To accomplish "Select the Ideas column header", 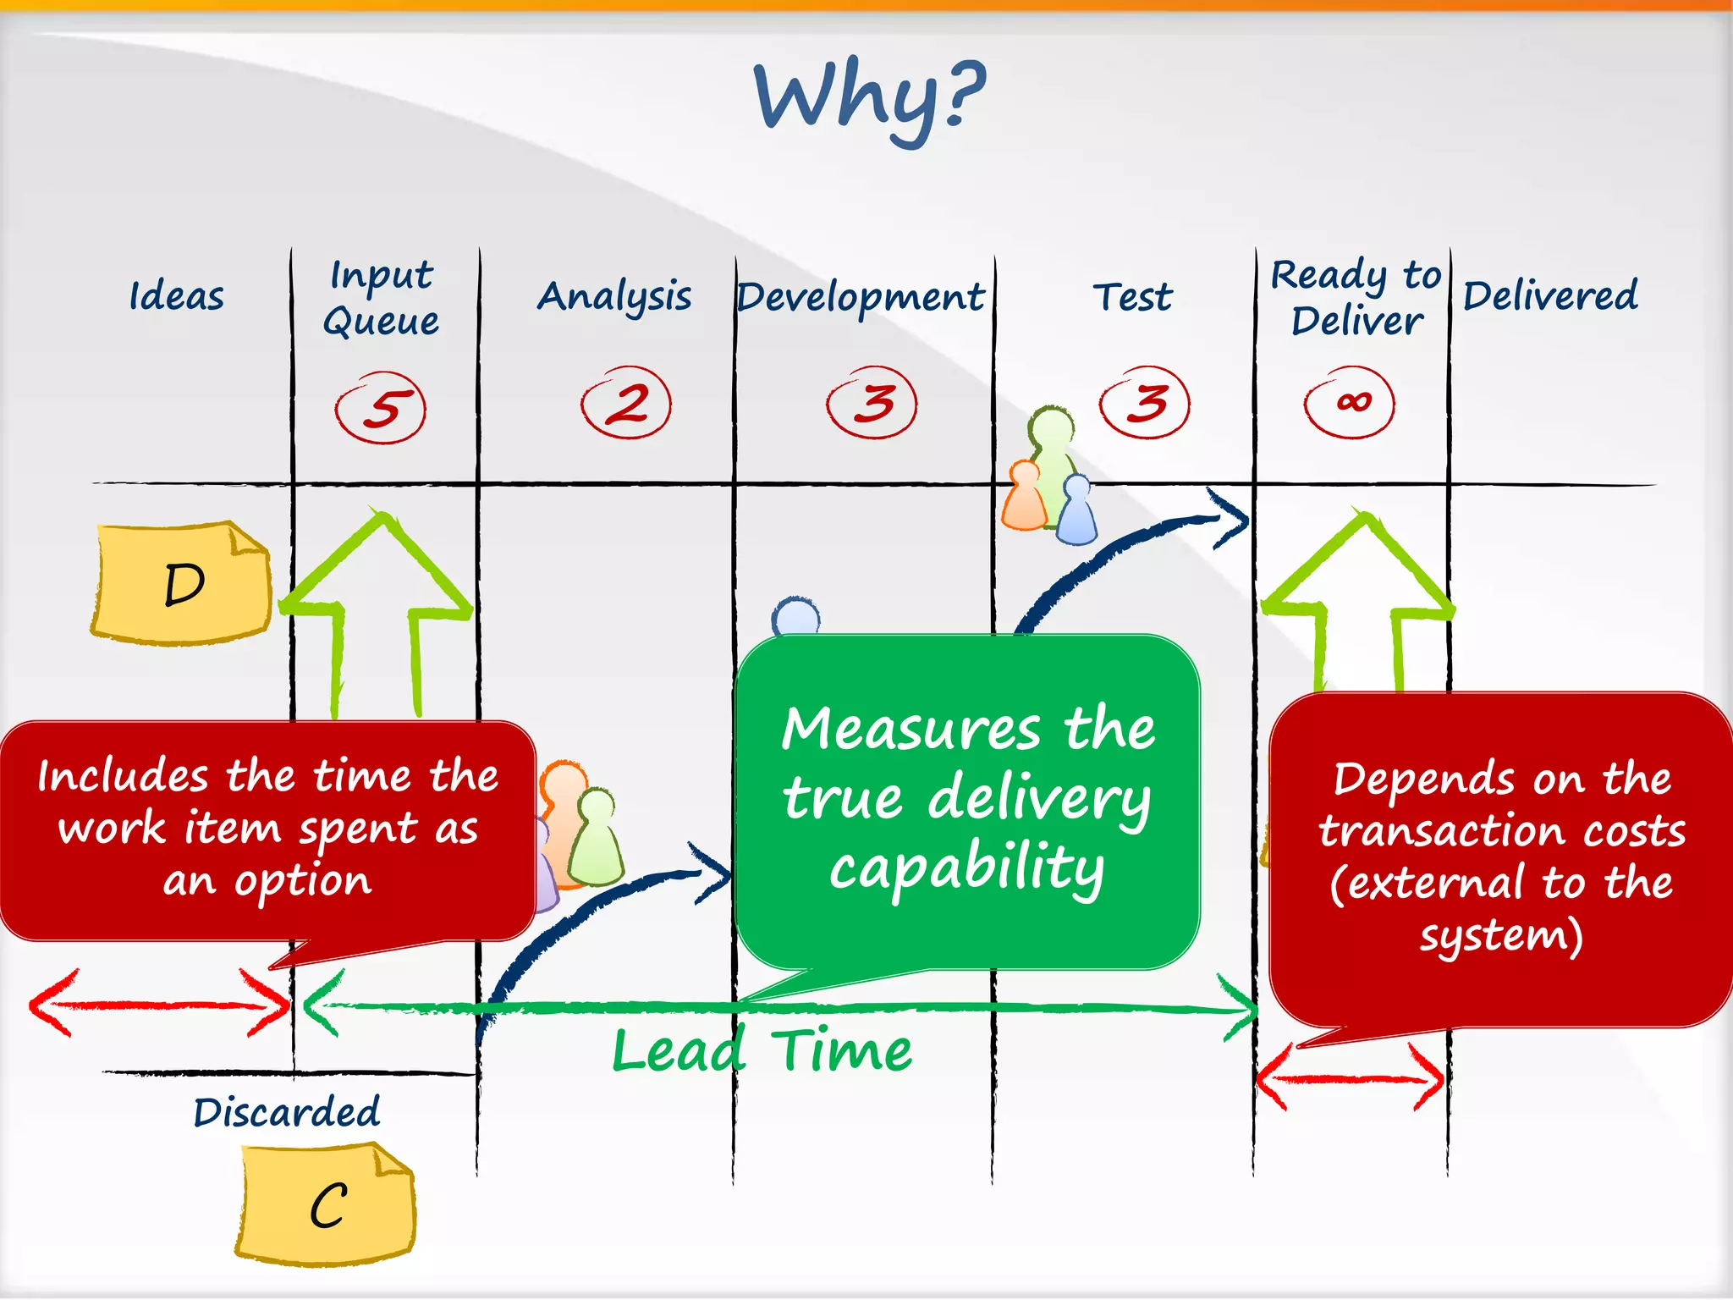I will (x=176, y=296).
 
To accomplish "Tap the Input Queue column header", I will (x=382, y=298).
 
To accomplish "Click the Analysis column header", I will (x=614, y=297).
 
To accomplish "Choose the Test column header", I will (x=1132, y=297).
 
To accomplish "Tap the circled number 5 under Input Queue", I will (x=381, y=408).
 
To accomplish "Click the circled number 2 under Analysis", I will (x=626, y=403).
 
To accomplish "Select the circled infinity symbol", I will (x=1350, y=402).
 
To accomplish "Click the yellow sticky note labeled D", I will (x=182, y=583).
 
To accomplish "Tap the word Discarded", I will (x=286, y=1112).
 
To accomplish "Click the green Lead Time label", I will (x=762, y=1051).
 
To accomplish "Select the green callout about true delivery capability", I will (x=967, y=800).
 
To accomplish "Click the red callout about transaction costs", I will (x=1501, y=857).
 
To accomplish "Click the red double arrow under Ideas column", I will (x=159, y=1005).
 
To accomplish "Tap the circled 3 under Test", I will (x=1145, y=403).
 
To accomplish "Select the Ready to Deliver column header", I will (x=1356, y=298).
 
